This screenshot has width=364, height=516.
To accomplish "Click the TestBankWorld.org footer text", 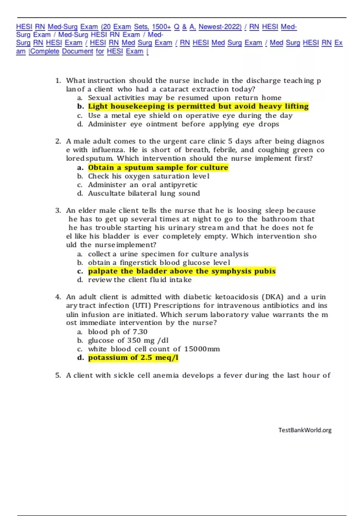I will click(305, 430).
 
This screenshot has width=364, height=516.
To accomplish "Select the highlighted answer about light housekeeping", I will click(198, 106).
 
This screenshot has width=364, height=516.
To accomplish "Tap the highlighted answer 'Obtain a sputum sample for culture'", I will click(158, 168).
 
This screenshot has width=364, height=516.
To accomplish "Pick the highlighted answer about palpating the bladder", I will click(182, 271).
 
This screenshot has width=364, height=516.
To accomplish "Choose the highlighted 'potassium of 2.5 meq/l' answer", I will click(133, 358).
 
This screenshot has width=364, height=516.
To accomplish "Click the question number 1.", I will click(58, 81).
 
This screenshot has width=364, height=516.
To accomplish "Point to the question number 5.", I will click(58, 375).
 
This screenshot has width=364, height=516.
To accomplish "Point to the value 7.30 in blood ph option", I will click(140, 332).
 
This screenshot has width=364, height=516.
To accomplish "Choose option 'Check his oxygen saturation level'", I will click(149, 176).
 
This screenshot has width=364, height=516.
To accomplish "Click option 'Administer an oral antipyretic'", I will click(143, 185).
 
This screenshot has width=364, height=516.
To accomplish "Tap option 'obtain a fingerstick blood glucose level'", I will click(159, 263).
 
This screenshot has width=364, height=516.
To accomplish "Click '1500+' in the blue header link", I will click(161, 27).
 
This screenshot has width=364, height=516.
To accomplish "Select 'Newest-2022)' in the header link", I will click(220, 27).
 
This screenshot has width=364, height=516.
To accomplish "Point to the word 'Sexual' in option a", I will click(99, 98).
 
